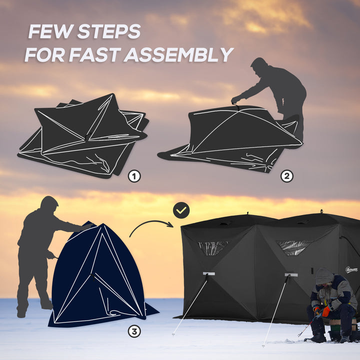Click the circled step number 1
134,176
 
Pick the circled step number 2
286,176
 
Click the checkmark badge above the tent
181,210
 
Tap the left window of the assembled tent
212,247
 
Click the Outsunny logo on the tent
352,270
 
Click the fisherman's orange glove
326,311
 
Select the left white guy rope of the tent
190,305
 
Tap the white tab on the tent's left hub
208,274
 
